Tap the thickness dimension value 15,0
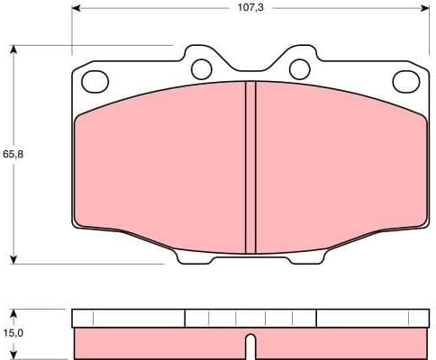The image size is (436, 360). [12, 334]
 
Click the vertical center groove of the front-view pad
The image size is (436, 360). [250, 166]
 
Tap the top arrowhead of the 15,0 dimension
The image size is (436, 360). [14, 313]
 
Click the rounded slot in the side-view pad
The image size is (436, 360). [250, 346]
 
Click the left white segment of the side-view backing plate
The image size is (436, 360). [128, 318]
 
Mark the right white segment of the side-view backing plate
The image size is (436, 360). [373, 318]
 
